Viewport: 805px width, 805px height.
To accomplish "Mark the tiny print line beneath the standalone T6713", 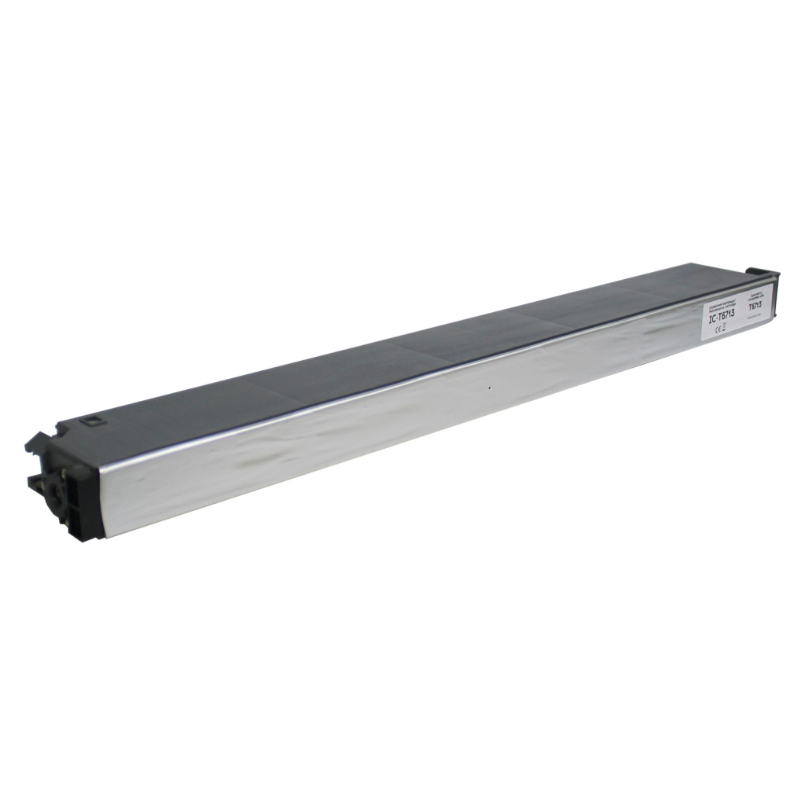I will [x=756, y=317].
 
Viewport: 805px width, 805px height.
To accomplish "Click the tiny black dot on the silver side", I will [x=489, y=388].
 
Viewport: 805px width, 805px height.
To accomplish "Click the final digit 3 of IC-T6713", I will [x=732, y=311].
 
